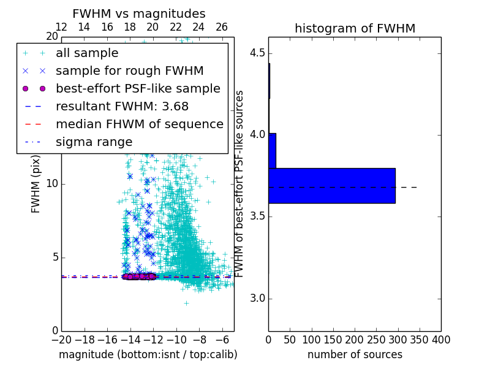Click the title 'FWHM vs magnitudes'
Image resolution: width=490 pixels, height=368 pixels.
point(139,14)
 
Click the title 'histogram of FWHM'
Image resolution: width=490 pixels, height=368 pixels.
point(355,28)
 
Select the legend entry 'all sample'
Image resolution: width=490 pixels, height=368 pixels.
point(87,53)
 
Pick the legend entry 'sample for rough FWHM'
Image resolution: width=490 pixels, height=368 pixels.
point(129,71)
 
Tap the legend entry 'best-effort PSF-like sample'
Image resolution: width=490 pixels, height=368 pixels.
point(138,89)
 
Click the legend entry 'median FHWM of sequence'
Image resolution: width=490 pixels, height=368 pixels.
point(139,125)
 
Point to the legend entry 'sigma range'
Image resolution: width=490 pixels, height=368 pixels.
point(94,142)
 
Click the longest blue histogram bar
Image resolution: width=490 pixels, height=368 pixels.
point(331,185)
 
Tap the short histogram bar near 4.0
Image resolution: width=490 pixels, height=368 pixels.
point(272,150)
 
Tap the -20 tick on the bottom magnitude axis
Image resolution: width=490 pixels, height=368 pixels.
point(61,339)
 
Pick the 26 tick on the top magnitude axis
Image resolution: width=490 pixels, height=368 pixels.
point(222,27)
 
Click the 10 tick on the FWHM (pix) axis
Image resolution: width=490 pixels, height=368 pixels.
point(52,184)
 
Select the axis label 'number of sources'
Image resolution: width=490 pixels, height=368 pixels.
point(355,355)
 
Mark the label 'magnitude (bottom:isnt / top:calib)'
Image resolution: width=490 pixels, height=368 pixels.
point(148,355)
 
